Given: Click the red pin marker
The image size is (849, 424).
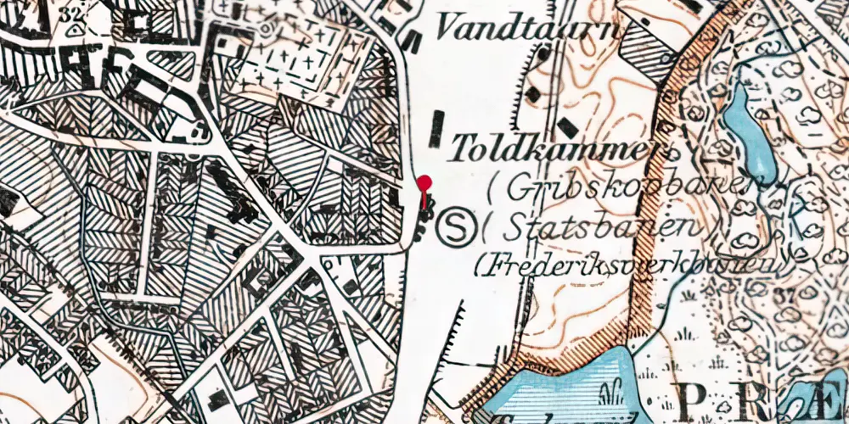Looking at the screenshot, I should (x=424, y=183).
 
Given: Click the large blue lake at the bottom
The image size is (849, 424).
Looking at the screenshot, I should (x=569, y=390).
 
